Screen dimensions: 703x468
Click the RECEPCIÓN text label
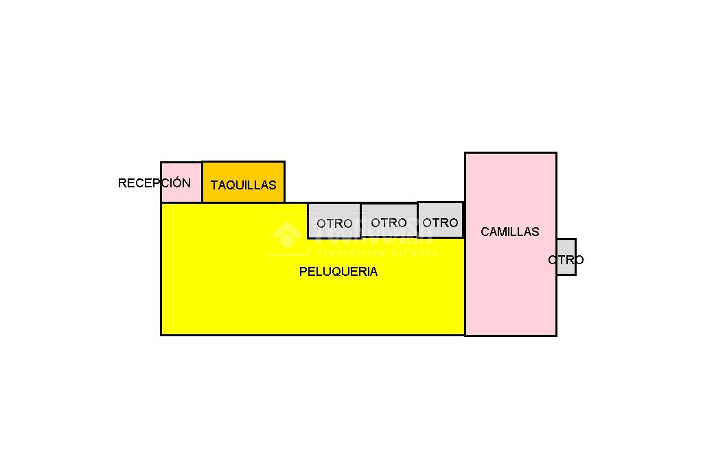tap(154, 183)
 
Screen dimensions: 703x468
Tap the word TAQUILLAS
tap(243, 185)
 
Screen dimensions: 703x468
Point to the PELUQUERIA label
tap(338, 272)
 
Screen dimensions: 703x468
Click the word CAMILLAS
tap(509, 232)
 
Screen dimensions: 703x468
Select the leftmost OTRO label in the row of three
tap(334, 224)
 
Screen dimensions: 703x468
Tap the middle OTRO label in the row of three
tap(389, 223)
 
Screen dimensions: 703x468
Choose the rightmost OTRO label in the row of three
tap(440, 223)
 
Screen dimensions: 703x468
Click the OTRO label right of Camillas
tap(566, 260)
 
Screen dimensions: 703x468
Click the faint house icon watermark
tap(286, 235)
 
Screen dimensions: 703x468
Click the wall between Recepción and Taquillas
tap(202, 182)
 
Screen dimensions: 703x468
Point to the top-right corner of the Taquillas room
tap(284, 162)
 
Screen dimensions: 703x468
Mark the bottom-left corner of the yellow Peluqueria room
tap(161, 334)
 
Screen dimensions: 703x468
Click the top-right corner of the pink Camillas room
tap(556, 153)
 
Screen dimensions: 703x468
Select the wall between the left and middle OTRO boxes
tap(361, 220)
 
